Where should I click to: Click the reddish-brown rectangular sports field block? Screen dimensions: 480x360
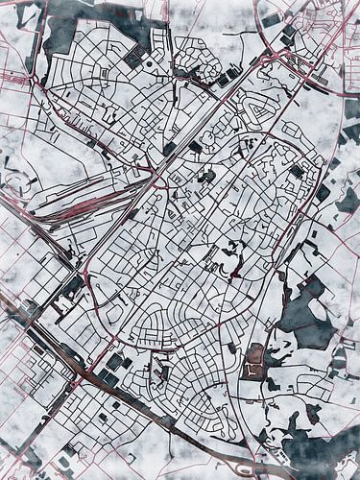(x=254, y=362)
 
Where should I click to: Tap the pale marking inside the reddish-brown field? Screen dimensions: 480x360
(x=254, y=364)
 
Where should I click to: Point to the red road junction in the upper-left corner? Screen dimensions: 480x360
(x=38, y=82)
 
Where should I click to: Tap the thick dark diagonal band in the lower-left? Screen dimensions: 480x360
(x=38, y=331)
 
